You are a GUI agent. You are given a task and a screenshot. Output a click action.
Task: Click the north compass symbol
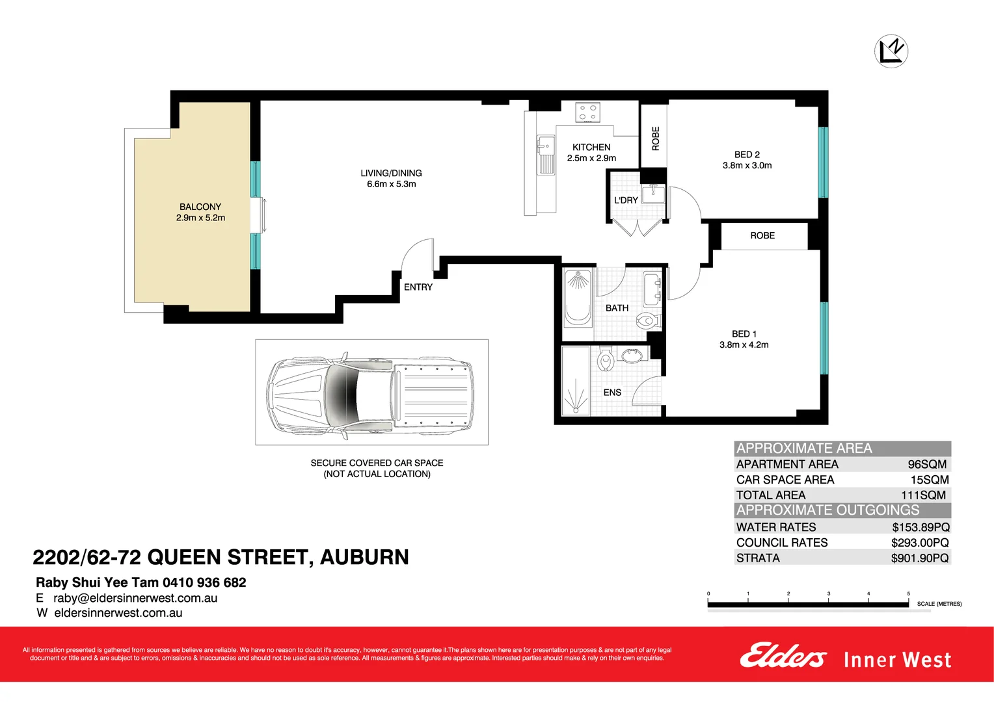891,51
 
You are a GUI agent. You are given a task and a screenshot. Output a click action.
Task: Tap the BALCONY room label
200,207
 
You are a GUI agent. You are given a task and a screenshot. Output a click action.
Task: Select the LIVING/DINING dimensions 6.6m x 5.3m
391,184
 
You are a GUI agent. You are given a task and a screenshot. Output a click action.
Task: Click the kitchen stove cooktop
587,112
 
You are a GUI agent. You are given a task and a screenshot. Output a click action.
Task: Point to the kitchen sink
545,155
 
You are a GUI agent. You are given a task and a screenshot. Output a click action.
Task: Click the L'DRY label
626,200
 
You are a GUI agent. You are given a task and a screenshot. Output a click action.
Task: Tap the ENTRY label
418,287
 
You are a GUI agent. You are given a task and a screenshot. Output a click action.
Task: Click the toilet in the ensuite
606,359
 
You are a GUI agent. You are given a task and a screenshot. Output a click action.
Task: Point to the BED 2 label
747,155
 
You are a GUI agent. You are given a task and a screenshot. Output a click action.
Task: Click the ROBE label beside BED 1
762,235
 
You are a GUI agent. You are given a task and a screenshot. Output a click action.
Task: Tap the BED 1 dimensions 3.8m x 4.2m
744,344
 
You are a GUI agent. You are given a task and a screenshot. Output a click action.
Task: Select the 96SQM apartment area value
927,464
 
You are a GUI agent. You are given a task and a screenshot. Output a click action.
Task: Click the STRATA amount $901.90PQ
919,558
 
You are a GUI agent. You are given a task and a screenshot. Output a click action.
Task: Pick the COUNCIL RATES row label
781,542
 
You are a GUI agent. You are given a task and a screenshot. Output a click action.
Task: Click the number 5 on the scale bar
908,593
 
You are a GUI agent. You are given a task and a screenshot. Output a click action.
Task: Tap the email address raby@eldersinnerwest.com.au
135,598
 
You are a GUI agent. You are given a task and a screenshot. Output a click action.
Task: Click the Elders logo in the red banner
783,656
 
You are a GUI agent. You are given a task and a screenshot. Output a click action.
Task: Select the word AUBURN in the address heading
364,557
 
